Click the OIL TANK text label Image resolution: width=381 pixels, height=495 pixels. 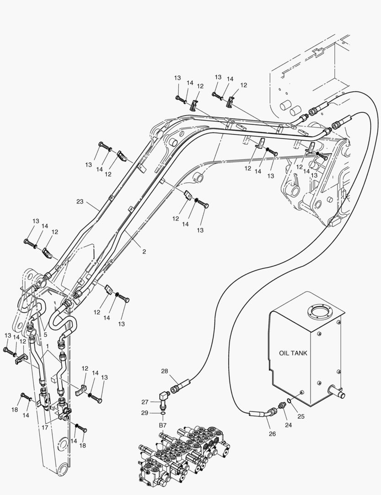coord(293,353)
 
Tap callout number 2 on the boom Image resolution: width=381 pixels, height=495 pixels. coord(144,252)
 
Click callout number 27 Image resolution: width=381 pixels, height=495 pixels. coord(145,402)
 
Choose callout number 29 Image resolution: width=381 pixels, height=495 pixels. coord(145,413)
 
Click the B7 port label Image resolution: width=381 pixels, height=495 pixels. coord(163,426)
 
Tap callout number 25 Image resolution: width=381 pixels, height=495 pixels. coord(301,416)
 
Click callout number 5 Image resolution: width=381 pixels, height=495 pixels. coord(45,335)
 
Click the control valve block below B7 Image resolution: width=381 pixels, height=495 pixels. coord(183,456)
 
